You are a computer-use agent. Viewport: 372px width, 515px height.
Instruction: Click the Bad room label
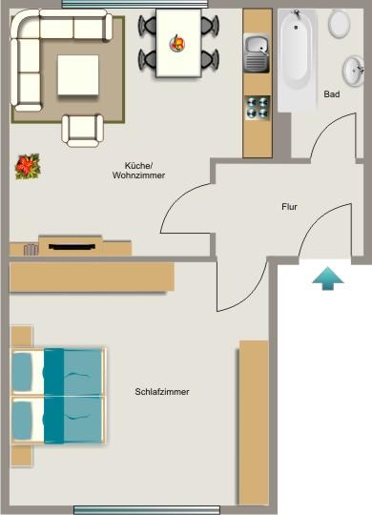click(332, 94)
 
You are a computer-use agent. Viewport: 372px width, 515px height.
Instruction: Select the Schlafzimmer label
click(162, 392)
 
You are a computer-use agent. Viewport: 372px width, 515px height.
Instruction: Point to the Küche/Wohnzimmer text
click(138, 170)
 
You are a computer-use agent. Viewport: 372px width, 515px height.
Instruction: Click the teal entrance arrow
click(327, 278)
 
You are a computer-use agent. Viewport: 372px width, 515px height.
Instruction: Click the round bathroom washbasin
click(354, 69)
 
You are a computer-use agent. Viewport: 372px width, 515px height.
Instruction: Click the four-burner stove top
click(257, 107)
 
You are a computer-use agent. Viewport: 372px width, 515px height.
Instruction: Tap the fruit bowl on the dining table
click(177, 42)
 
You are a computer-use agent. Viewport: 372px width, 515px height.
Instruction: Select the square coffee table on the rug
click(78, 74)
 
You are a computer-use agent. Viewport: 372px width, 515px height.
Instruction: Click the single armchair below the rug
click(82, 129)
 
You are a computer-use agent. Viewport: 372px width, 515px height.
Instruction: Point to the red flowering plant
click(28, 166)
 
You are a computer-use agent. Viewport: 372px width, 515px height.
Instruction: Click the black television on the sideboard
click(71, 246)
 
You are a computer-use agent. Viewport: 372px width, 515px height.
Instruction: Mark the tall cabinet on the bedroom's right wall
click(253, 422)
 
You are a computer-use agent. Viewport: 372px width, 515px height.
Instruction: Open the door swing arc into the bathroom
click(321, 143)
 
